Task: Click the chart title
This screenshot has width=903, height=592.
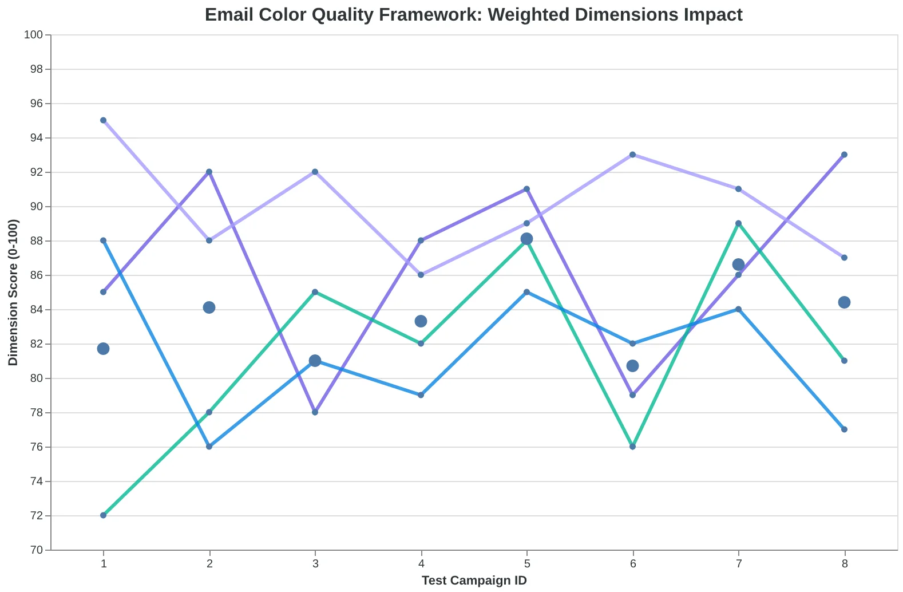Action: tap(473, 15)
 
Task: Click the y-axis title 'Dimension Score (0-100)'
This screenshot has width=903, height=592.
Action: tap(13, 293)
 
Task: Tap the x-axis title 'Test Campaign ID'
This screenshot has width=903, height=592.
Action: tap(474, 581)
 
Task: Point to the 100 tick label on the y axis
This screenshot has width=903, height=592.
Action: tap(33, 35)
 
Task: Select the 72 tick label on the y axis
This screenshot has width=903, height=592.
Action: tap(36, 516)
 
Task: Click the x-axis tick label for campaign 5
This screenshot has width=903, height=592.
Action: tap(527, 563)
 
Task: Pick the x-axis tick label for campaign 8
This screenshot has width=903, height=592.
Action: tap(845, 563)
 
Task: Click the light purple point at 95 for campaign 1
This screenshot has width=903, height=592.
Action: tap(103, 120)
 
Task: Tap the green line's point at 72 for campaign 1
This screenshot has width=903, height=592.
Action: tap(103, 515)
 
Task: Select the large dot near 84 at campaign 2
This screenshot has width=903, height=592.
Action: tap(209, 307)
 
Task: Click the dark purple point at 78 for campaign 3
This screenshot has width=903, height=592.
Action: tap(315, 412)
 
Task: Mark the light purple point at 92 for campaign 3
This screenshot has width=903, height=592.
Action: tap(315, 172)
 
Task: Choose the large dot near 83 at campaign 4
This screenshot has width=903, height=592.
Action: tap(421, 321)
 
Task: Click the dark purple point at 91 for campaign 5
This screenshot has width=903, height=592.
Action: tap(526, 189)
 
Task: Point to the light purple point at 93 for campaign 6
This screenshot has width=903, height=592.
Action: tap(632, 155)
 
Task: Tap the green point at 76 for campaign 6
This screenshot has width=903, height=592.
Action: tap(632, 447)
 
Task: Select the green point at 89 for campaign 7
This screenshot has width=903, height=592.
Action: tap(739, 223)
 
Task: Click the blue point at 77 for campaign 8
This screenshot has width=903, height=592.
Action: tap(844, 429)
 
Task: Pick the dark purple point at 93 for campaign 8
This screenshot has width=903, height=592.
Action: tap(844, 155)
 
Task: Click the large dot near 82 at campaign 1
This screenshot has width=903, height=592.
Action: tap(103, 349)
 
